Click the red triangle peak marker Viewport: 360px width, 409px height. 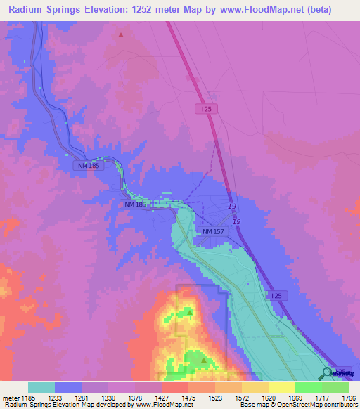coord(121,34)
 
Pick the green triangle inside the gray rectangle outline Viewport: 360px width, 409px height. coord(189,311)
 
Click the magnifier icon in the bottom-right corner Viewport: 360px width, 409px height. coord(327,372)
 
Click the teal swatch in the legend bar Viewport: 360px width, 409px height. coord(41,387)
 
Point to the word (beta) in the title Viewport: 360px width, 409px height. coord(331,9)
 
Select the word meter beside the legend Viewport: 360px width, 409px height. coord(11,397)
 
